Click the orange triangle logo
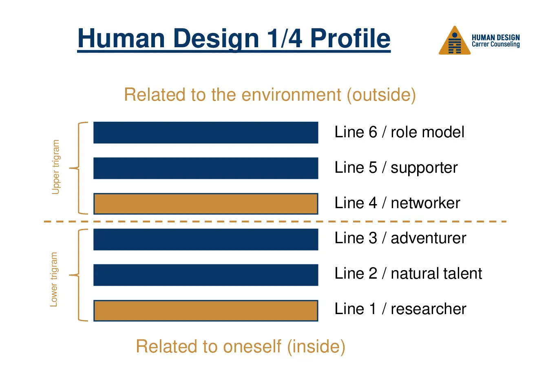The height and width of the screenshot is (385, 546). pyautogui.click(x=455, y=40)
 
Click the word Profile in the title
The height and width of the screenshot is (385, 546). pyautogui.click(x=350, y=38)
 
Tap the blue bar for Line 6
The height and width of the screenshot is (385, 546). pyautogui.click(x=206, y=132)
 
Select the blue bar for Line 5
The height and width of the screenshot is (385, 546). pyautogui.click(x=206, y=168)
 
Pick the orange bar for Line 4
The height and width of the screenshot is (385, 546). pyautogui.click(x=206, y=204)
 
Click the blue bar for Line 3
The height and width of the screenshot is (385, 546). pyautogui.click(x=206, y=240)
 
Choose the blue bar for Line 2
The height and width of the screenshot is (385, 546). pyautogui.click(x=206, y=275)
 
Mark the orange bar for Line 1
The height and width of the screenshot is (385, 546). pyautogui.click(x=206, y=311)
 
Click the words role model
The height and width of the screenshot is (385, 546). pyautogui.click(x=427, y=132)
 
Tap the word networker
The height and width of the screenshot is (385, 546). pyautogui.click(x=425, y=203)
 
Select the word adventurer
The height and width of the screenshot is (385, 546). pyautogui.click(x=429, y=238)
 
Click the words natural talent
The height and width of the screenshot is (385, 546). pyautogui.click(x=436, y=273)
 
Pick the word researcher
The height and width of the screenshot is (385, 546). pyautogui.click(x=429, y=309)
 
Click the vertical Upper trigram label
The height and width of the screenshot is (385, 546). pyautogui.click(x=56, y=167)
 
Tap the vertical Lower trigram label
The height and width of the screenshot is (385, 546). pyautogui.click(x=54, y=279)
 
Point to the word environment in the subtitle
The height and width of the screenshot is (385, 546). pyautogui.click(x=291, y=95)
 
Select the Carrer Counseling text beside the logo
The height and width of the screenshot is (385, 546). pyautogui.click(x=496, y=44)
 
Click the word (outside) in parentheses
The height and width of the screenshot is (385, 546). pyautogui.click(x=382, y=95)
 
